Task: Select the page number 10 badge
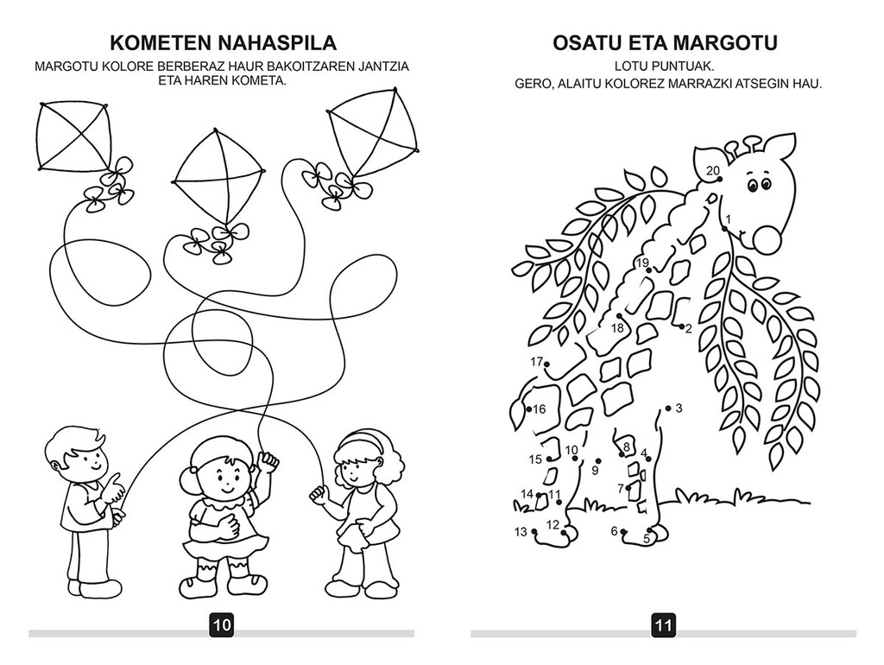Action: click(x=222, y=625)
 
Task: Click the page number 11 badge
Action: click(x=663, y=625)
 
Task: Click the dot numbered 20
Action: click(x=720, y=180)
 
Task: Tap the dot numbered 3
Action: click(x=668, y=408)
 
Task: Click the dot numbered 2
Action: click(x=682, y=326)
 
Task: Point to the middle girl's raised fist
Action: click(x=268, y=460)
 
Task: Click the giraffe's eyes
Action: click(x=759, y=184)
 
